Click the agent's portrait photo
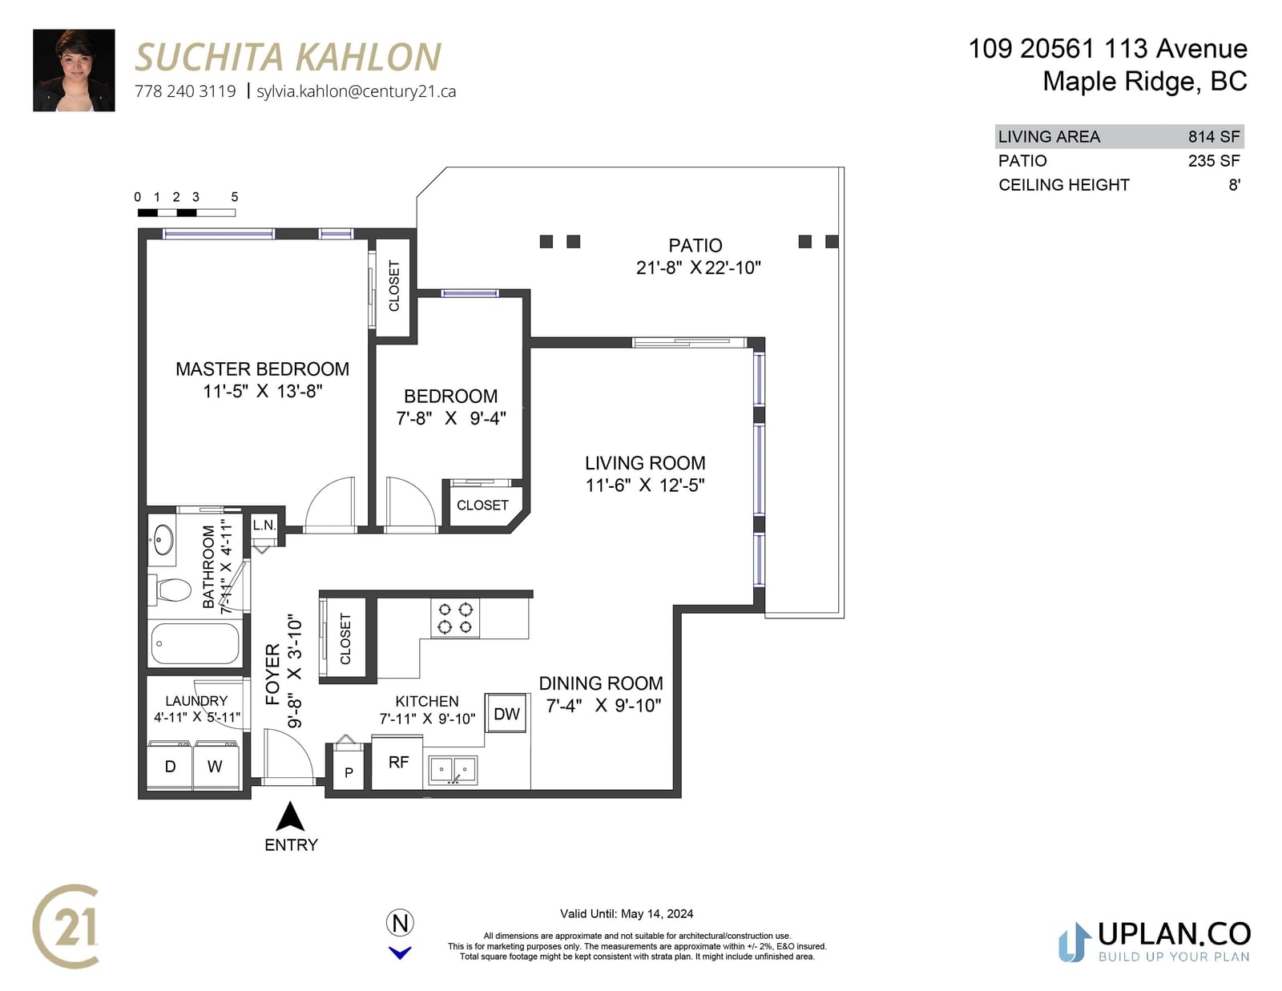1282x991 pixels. click(x=74, y=70)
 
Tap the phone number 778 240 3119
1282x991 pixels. click(x=185, y=91)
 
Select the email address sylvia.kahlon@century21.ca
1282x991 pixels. click(x=357, y=91)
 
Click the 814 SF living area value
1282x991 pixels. click(x=1214, y=137)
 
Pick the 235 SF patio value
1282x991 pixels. click(x=1214, y=161)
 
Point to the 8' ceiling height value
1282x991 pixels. click(x=1234, y=185)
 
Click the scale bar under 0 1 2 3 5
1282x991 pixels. click(x=187, y=213)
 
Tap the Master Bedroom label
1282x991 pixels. click(x=263, y=369)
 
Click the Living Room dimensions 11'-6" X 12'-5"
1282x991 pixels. click(x=645, y=485)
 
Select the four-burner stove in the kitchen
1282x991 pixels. click(x=455, y=618)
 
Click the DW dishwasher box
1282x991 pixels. click(x=506, y=713)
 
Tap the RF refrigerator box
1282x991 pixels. click(x=397, y=762)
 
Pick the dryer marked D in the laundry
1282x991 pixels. click(x=170, y=765)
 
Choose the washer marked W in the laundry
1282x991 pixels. click(x=216, y=765)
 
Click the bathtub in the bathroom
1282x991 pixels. click(x=195, y=644)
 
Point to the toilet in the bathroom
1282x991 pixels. click(x=170, y=590)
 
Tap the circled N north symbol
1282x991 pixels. click(x=400, y=923)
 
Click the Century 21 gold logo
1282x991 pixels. click(x=66, y=926)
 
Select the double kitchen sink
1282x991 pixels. click(x=453, y=770)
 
